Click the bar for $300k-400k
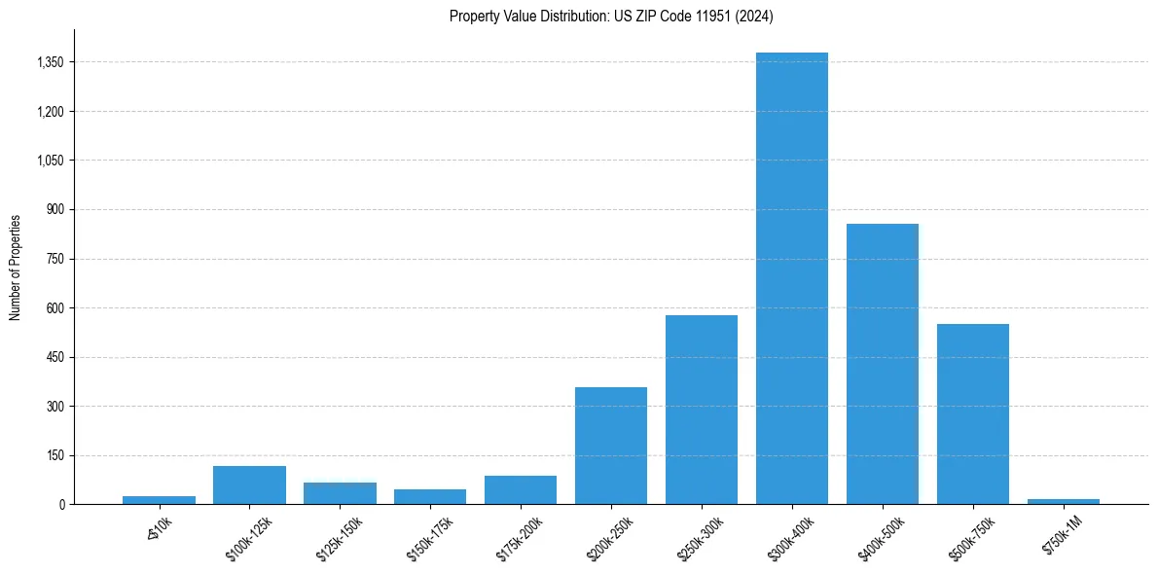tap(792, 278)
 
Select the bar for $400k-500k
tap(883, 364)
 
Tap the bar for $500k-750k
tap(973, 413)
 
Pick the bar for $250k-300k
tap(702, 410)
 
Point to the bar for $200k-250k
tap(611, 446)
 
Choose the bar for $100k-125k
tap(249, 485)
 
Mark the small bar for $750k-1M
tap(1064, 501)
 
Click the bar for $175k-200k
tap(521, 490)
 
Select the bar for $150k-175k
tap(430, 497)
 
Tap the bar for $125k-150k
tap(340, 493)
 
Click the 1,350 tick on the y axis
tap(49, 62)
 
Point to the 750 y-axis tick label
tap(55, 259)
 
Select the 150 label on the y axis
tap(55, 455)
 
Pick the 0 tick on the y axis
tap(61, 505)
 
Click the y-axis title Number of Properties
tap(16, 267)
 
